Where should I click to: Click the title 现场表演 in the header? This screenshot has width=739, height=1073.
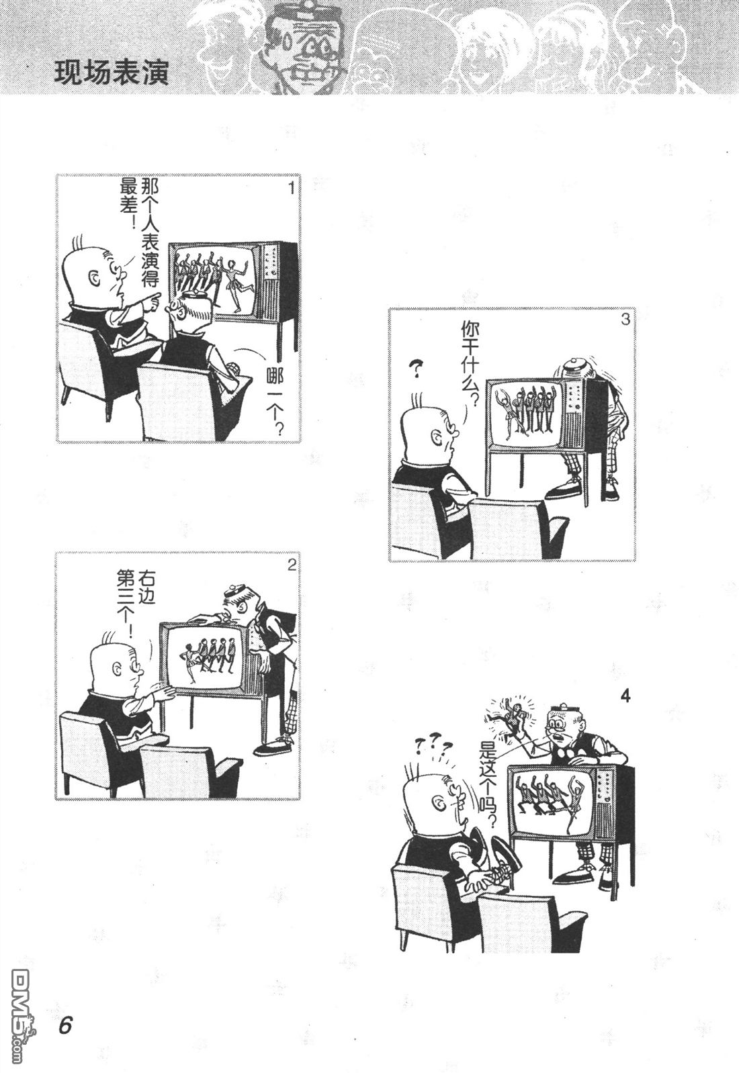pyautogui.click(x=112, y=73)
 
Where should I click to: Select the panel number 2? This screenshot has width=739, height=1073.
pyautogui.click(x=291, y=565)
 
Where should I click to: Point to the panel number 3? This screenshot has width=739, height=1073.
pyautogui.click(x=625, y=320)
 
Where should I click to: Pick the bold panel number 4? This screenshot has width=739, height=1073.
pyautogui.click(x=625, y=696)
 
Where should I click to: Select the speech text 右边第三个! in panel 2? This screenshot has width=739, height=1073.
pyautogui.click(x=136, y=603)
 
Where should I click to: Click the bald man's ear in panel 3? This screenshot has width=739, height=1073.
pyautogui.click(x=437, y=438)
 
